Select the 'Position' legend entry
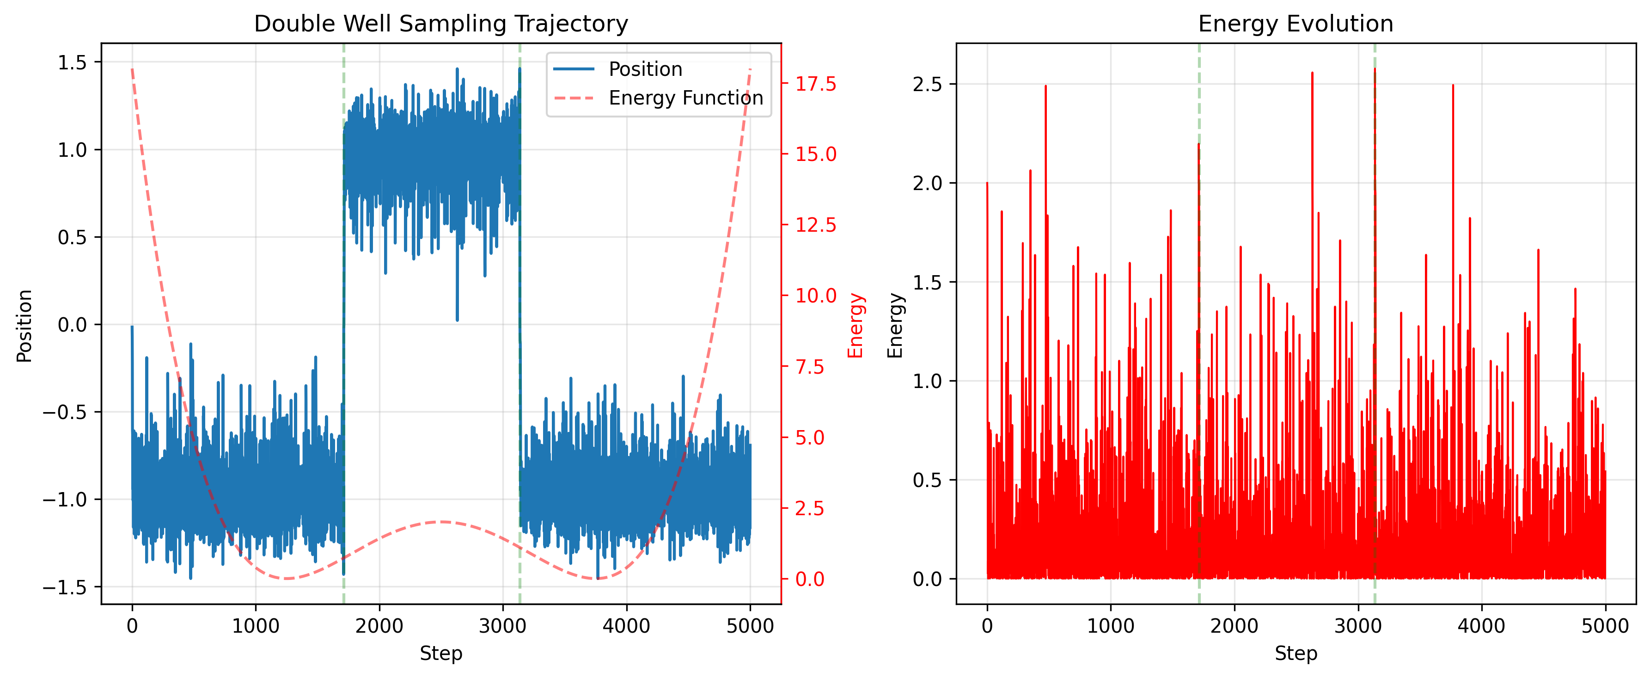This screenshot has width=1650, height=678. click(x=645, y=69)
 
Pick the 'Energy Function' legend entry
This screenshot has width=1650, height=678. click(x=685, y=98)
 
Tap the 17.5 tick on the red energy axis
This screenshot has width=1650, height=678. click(x=815, y=84)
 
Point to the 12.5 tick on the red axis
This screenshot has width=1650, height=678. click(x=815, y=225)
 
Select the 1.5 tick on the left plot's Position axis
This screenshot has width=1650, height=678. click(x=72, y=62)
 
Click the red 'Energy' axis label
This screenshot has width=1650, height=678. click(x=856, y=325)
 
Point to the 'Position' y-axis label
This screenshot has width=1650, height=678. click(x=24, y=325)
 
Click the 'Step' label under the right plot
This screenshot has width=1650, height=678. click(x=1296, y=653)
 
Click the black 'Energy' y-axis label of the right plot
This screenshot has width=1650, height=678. click(x=895, y=325)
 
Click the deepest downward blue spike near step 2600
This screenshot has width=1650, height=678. click(x=458, y=320)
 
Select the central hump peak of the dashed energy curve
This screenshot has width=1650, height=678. click(x=441, y=522)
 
